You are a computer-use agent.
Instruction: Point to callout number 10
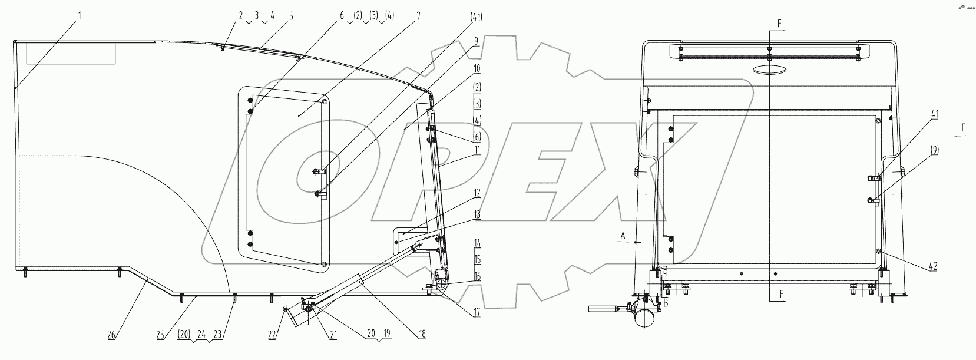pos(477,69)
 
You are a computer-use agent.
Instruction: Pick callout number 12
pos(477,193)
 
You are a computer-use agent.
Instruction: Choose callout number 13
pos(477,215)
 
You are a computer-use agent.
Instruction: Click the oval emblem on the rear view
pos(770,70)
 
